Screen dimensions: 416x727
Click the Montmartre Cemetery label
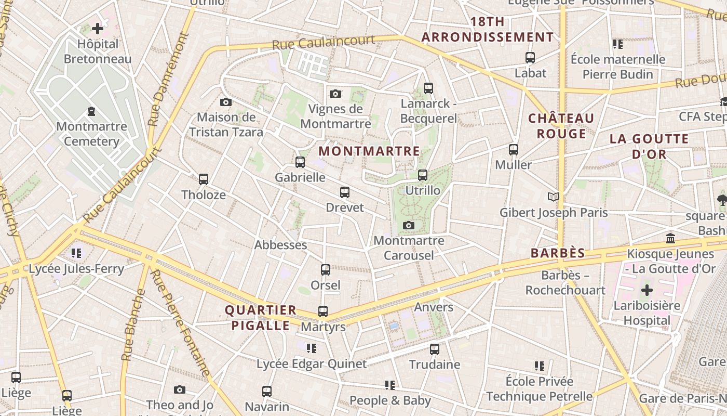click(x=91, y=134)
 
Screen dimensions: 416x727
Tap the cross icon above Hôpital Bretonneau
click(x=97, y=29)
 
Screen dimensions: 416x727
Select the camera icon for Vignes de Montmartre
click(x=335, y=94)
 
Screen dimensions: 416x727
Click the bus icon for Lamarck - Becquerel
click(x=428, y=88)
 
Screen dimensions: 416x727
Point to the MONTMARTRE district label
click(x=369, y=151)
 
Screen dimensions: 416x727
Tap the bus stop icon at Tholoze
click(x=204, y=179)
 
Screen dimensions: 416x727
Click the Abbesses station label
click(x=280, y=245)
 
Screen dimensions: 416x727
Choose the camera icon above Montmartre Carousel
click(x=409, y=225)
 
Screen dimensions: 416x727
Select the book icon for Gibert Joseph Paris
click(x=554, y=197)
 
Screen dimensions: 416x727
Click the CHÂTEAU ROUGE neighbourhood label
click(x=561, y=126)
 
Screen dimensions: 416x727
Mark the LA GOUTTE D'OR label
click(x=649, y=147)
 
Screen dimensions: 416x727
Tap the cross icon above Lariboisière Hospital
click(x=647, y=290)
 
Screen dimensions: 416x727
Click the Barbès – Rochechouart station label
click(x=565, y=282)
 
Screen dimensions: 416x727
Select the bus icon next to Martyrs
click(x=323, y=311)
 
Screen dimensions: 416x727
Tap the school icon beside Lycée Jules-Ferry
click(x=76, y=253)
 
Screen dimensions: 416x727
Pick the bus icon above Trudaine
click(x=435, y=349)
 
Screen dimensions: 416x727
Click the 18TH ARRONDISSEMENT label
click(x=487, y=30)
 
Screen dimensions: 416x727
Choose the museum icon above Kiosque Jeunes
click(x=670, y=238)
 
